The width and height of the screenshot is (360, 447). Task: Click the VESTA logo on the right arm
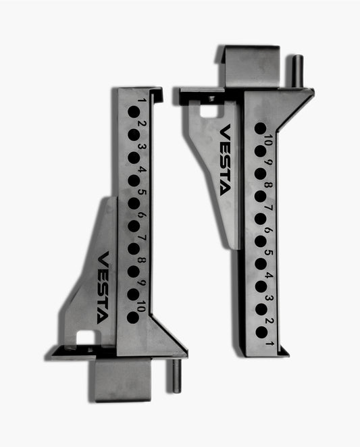coord(225,159)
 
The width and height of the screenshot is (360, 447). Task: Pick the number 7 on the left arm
coord(140,238)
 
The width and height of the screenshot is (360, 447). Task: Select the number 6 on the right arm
coord(268,230)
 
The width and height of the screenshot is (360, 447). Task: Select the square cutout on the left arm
coord(85,336)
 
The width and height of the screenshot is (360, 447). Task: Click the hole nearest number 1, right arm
coord(260,330)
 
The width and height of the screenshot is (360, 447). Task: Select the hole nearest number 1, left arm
coord(133,112)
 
